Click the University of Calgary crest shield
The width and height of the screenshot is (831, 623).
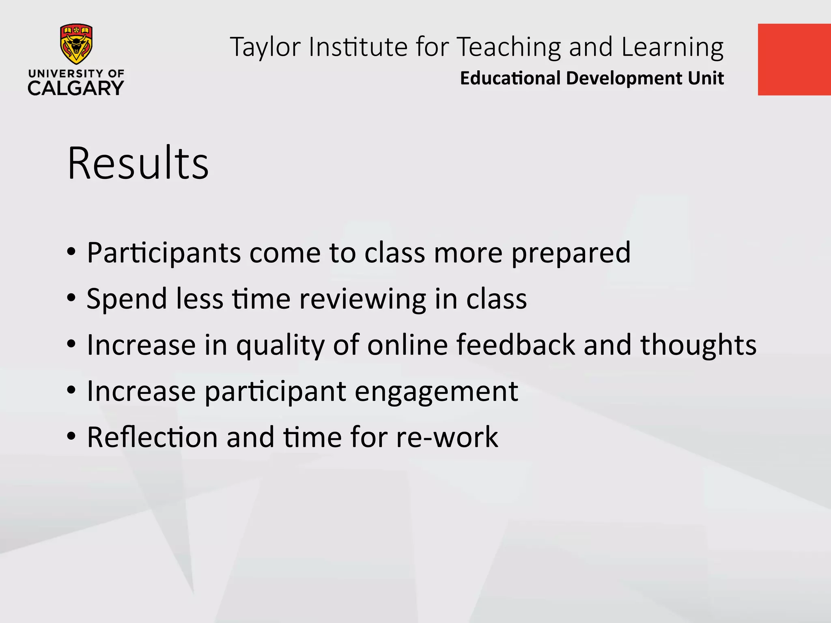point(76,44)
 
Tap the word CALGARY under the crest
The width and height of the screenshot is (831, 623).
point(76,88)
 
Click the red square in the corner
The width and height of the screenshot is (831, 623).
point(794,60)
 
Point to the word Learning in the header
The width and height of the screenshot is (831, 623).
point(672,47)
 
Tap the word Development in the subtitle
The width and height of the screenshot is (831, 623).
point(623,78)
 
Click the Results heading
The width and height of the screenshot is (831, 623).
point(138,163)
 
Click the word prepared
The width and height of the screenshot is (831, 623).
point(571,253)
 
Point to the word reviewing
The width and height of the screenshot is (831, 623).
point(362,299)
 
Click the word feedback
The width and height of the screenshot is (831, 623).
point(515,345)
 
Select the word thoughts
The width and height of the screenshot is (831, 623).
point(698,345)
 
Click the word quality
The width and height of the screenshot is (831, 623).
point(280,346)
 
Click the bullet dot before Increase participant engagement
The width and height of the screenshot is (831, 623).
point(71,391)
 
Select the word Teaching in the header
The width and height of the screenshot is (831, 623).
point(509,47)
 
